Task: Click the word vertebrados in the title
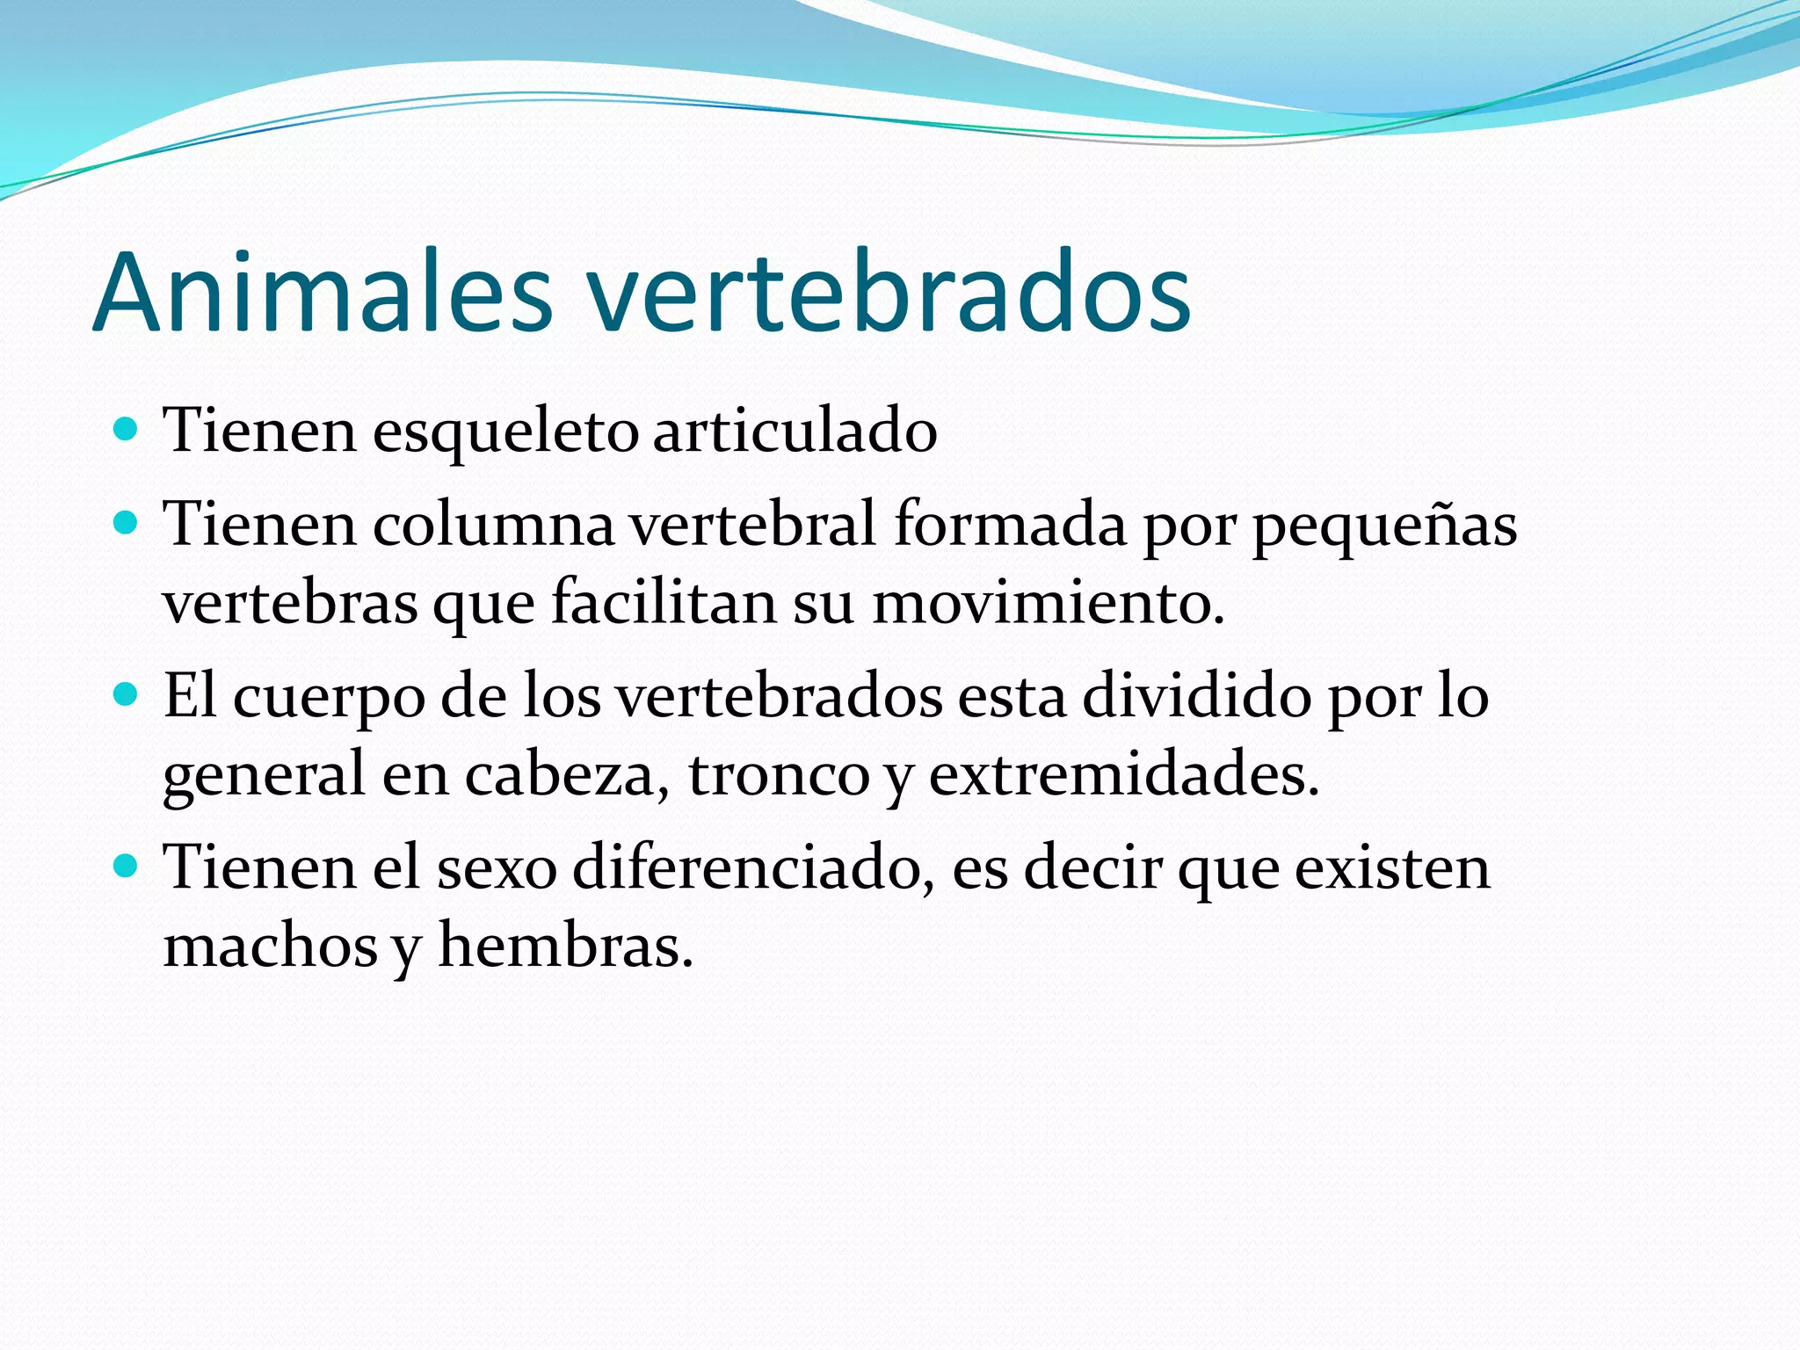[x=889, y=293]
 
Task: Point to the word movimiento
[x=1047, y=604]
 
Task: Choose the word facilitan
[x=664, y=604]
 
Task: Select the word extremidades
[x=1123, y=774]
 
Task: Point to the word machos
[x=271, y=947]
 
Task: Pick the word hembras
[x=565, y=947]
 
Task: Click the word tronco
[x=778, y=775]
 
